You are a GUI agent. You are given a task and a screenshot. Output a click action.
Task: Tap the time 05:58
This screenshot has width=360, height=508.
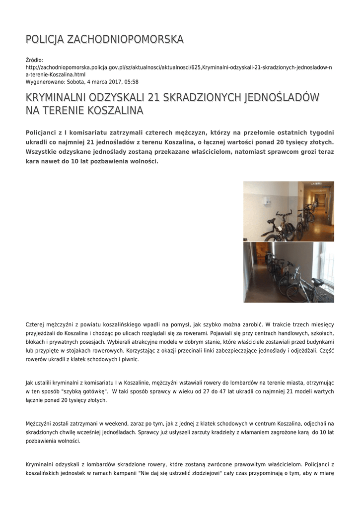[131, 82]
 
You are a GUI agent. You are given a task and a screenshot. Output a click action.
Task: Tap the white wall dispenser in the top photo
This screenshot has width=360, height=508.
[269, 202]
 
